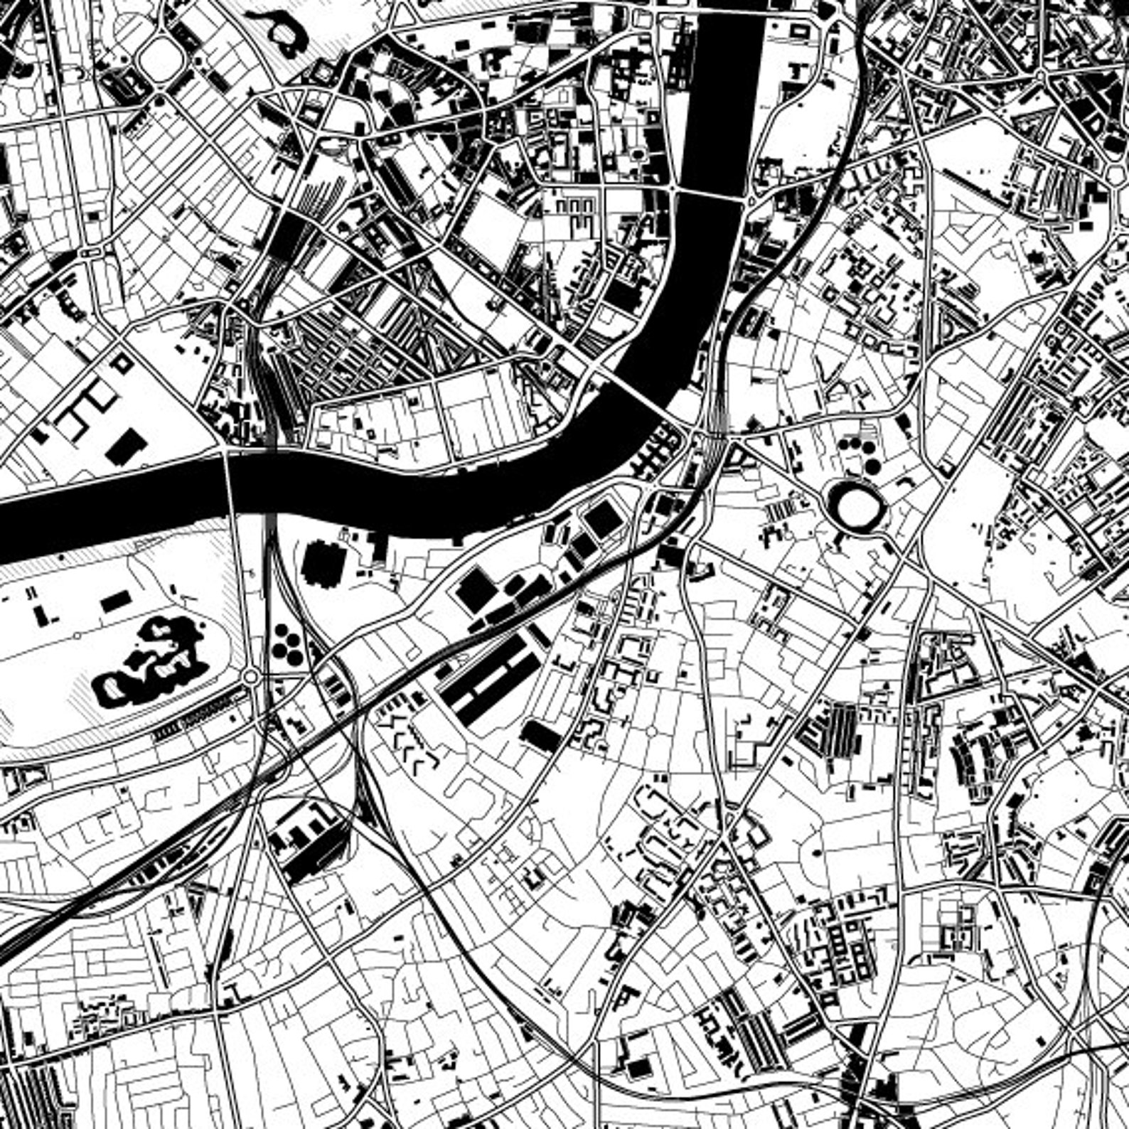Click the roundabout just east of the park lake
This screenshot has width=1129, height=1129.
[250, 677]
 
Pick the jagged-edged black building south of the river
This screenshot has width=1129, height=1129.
[323, 563]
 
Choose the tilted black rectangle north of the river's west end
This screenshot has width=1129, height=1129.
[127, 445]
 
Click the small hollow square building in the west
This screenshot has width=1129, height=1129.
[123, 363]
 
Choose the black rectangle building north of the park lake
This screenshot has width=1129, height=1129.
[115, 603]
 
